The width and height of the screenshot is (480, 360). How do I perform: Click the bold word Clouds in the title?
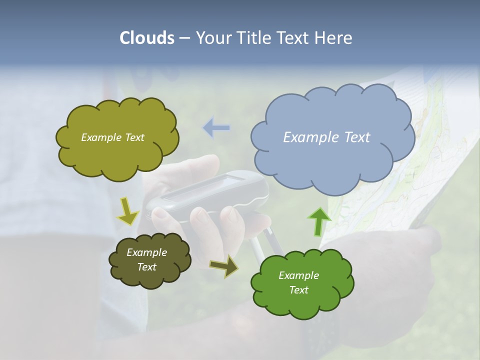pos(146,38)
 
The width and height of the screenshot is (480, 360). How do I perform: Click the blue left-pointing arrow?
pos(216,128)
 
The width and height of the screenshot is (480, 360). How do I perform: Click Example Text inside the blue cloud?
pos(326,137)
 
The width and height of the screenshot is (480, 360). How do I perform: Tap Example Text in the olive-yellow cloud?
pos(112,137)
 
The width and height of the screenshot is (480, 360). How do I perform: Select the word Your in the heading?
pos(211,38)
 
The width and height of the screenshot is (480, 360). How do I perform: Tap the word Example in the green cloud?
pos(298,275)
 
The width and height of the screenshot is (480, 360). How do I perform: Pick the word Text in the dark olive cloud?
pos(146,267)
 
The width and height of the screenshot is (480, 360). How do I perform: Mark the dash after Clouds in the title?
pos(184,38)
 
